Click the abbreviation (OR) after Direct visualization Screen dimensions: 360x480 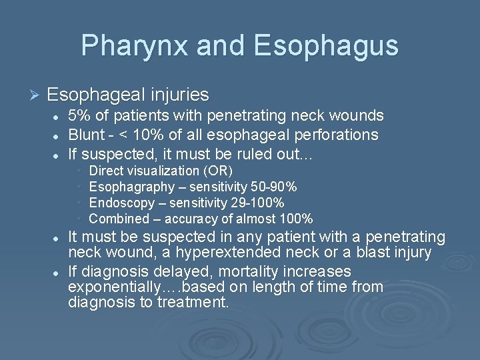(221, 171)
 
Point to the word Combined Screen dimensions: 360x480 (119, 219)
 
